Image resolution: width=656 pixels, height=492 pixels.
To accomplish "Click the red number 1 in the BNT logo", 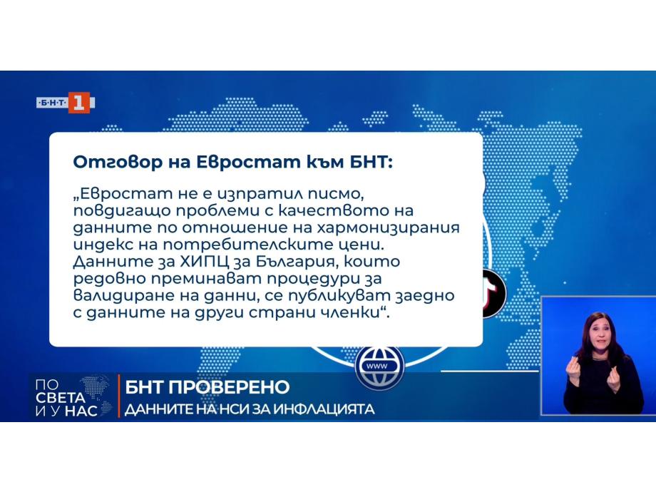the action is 78,103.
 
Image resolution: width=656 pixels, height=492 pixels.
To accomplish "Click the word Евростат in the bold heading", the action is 249,162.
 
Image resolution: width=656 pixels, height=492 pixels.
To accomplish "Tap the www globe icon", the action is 379,367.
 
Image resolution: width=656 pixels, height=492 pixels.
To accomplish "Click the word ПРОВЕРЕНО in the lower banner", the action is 230,387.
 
